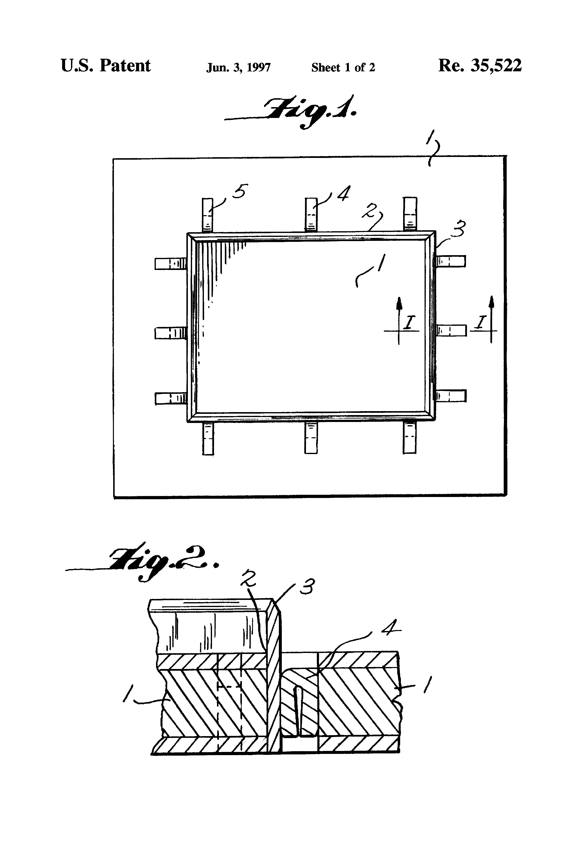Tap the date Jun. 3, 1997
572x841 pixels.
tap(238, 68)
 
